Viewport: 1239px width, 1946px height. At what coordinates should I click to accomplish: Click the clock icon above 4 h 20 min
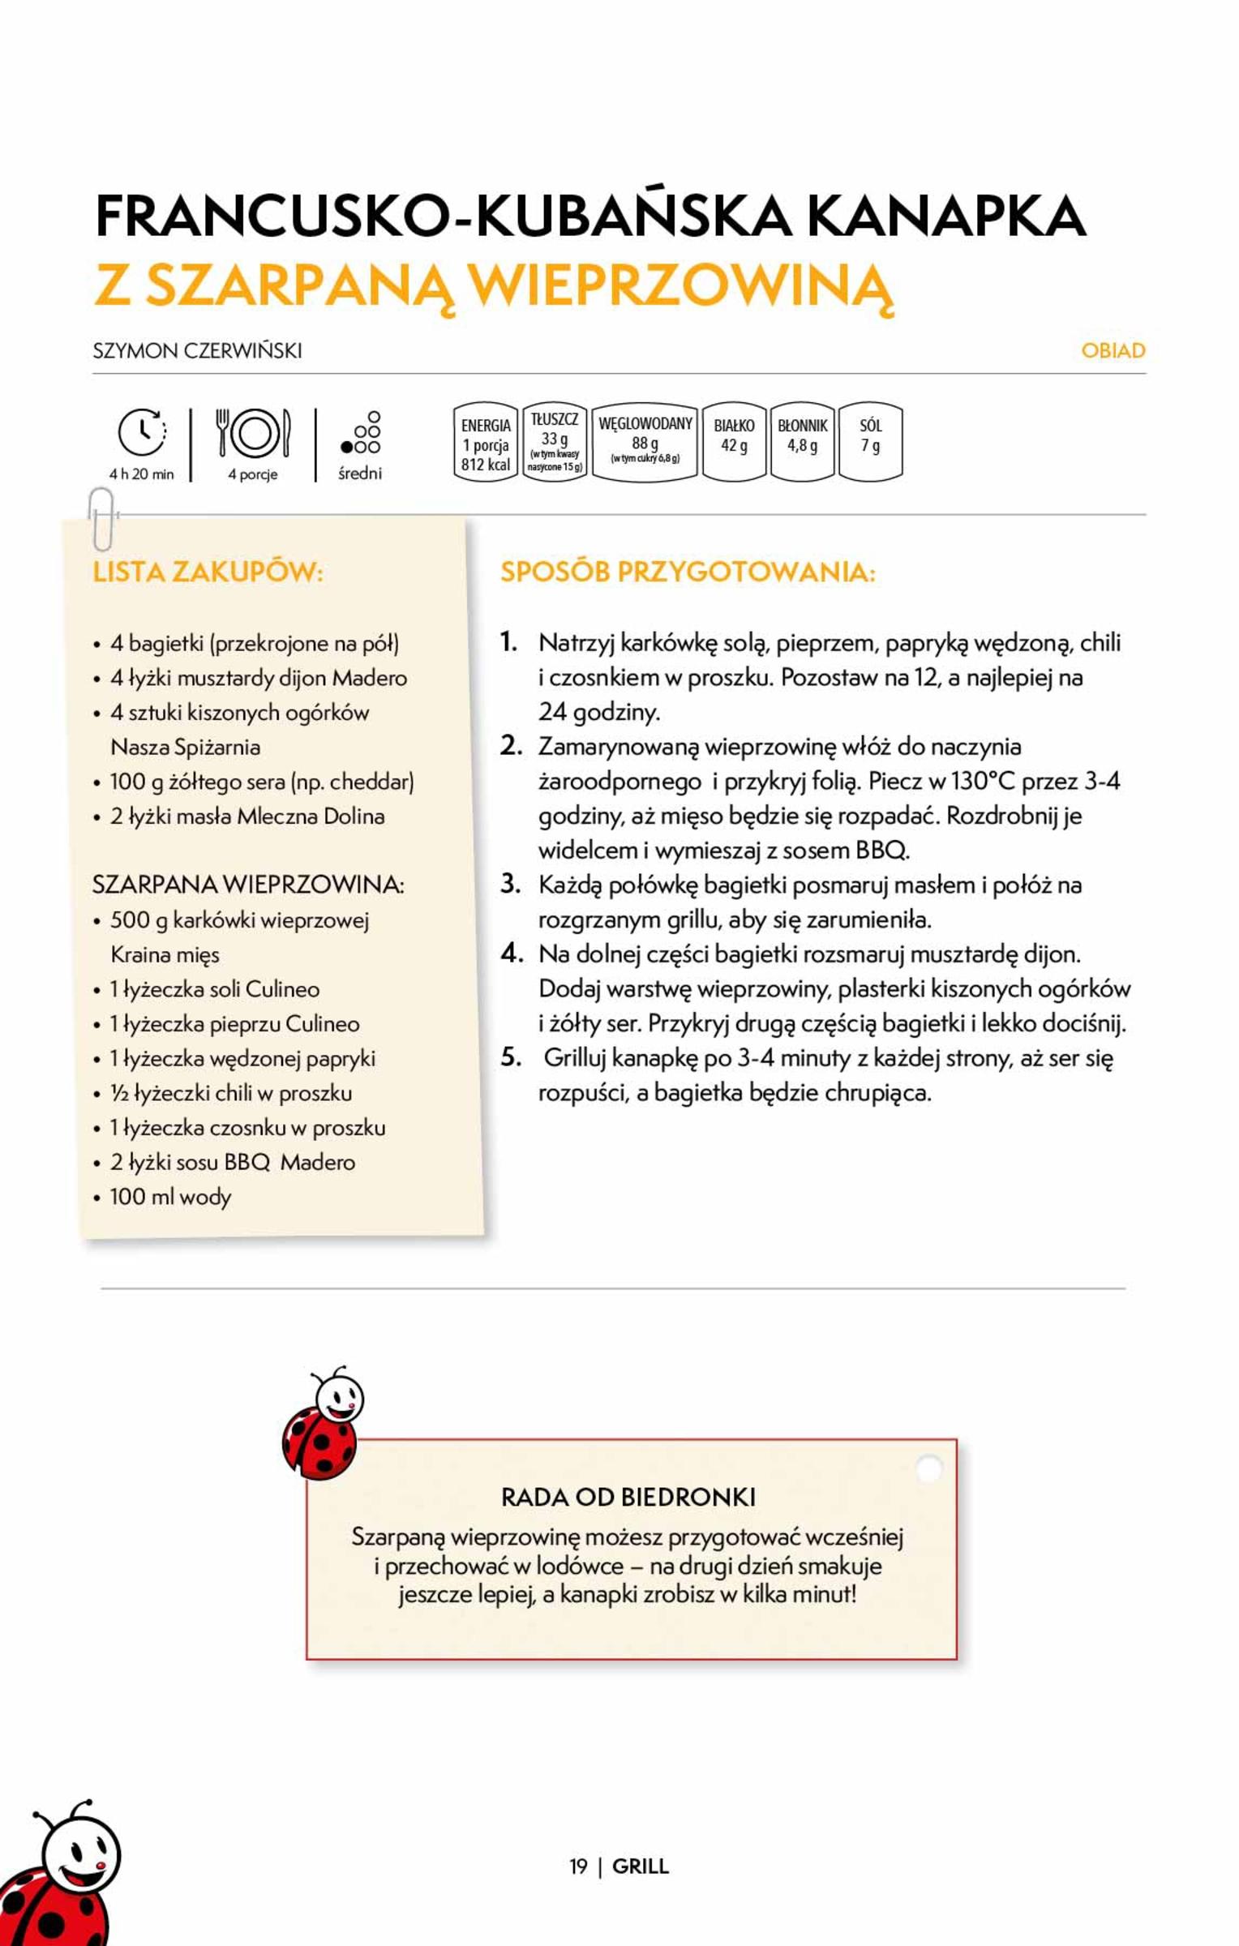point(142,431)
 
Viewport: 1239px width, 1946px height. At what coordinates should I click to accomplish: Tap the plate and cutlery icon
point(253,433)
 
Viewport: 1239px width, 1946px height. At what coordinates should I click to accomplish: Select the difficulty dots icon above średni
point(361,433)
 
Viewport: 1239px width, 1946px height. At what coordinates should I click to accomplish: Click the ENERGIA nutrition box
point(485,443)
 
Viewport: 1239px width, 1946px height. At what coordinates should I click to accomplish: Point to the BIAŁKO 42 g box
point(734,442)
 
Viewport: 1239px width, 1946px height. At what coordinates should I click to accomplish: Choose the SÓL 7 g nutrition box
point(870,442)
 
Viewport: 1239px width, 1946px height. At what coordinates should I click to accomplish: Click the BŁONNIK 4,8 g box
point(802,442)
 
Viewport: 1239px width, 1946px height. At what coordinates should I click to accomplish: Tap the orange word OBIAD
point(1113,350)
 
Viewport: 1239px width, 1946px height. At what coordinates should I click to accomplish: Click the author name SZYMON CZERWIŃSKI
point(197,350)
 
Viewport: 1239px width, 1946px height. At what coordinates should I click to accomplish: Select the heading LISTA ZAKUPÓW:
point(208,572)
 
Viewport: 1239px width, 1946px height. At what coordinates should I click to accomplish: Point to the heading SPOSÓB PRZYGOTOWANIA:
point(688,572)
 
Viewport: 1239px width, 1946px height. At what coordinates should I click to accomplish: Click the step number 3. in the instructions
point(510,884)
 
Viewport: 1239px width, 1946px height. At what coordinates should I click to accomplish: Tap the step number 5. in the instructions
point(510,1057)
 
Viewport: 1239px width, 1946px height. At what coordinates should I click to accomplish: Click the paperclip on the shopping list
point(101,519)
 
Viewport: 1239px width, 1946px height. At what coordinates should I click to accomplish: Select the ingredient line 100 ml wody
point(170,1197)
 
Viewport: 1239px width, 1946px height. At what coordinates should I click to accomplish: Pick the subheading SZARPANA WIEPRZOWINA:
point(247,884)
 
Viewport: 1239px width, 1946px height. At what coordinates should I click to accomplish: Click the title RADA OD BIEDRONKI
point(628,1497)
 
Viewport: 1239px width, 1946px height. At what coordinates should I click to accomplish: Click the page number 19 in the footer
point(577,1866)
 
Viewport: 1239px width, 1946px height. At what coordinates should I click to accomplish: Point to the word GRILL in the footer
point(641,1866)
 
